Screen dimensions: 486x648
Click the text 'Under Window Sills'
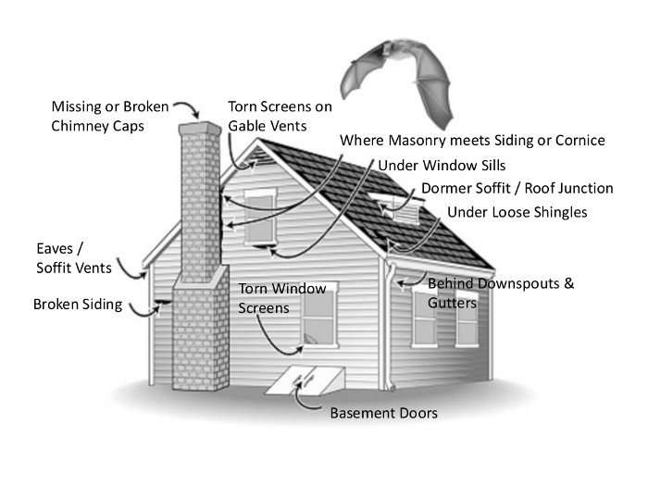[x=428, y=165]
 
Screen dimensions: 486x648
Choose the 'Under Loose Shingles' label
[x=517, y=213]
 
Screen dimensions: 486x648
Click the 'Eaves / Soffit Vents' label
[x=73, y=258]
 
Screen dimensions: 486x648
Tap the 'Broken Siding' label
[x=78, y=304]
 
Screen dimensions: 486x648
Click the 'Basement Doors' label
[x=383, y=412]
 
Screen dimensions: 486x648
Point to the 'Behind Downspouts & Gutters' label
[x=500, y=293]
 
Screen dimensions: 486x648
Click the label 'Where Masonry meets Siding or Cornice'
[x=472, y=141]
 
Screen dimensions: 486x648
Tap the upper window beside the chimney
[x=260, y=217]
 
